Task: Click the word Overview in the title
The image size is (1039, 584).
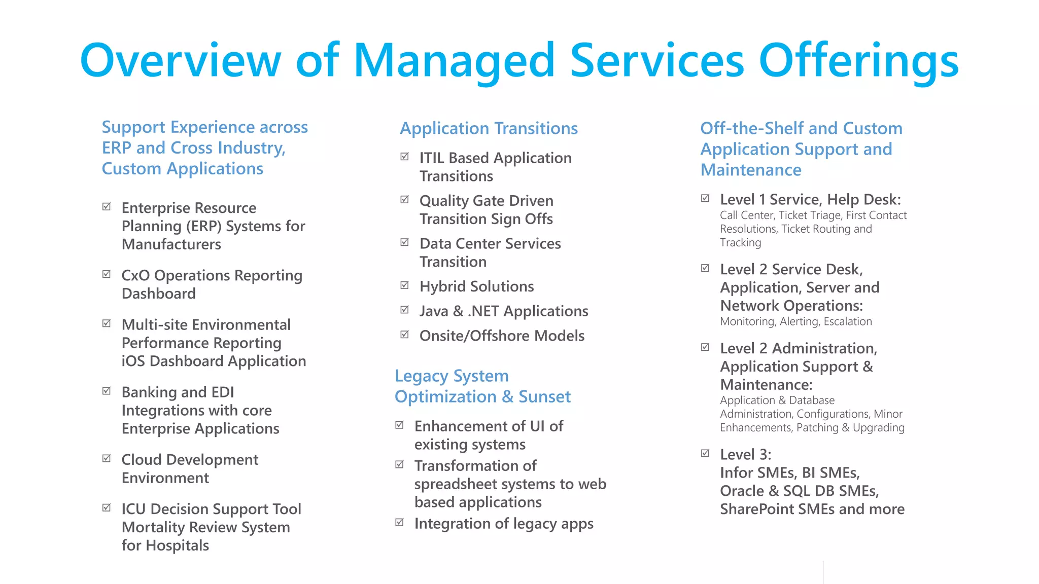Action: click(x=180, y=60)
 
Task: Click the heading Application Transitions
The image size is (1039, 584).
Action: click(x=489, y=128)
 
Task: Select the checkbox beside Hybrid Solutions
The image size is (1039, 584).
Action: click(x=404, y=285)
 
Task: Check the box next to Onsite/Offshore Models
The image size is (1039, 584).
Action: click(x=404, y=335)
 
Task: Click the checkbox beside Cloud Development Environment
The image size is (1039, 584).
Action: click(x=107, y=458)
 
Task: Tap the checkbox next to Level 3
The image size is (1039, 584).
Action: click(x=705, y=453)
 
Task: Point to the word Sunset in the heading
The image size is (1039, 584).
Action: click(x=544, y=396)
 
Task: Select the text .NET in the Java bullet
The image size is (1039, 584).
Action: click(x=483, y=311)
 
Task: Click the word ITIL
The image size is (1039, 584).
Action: click(x=432, y=158)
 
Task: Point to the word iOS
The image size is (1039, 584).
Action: click(x=133, y=361)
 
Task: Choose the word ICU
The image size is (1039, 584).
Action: click(x=134, y=509)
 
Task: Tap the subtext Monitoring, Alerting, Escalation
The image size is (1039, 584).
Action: click(x=795, y=321)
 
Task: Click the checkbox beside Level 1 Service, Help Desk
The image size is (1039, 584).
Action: click(x=705, y=198)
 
